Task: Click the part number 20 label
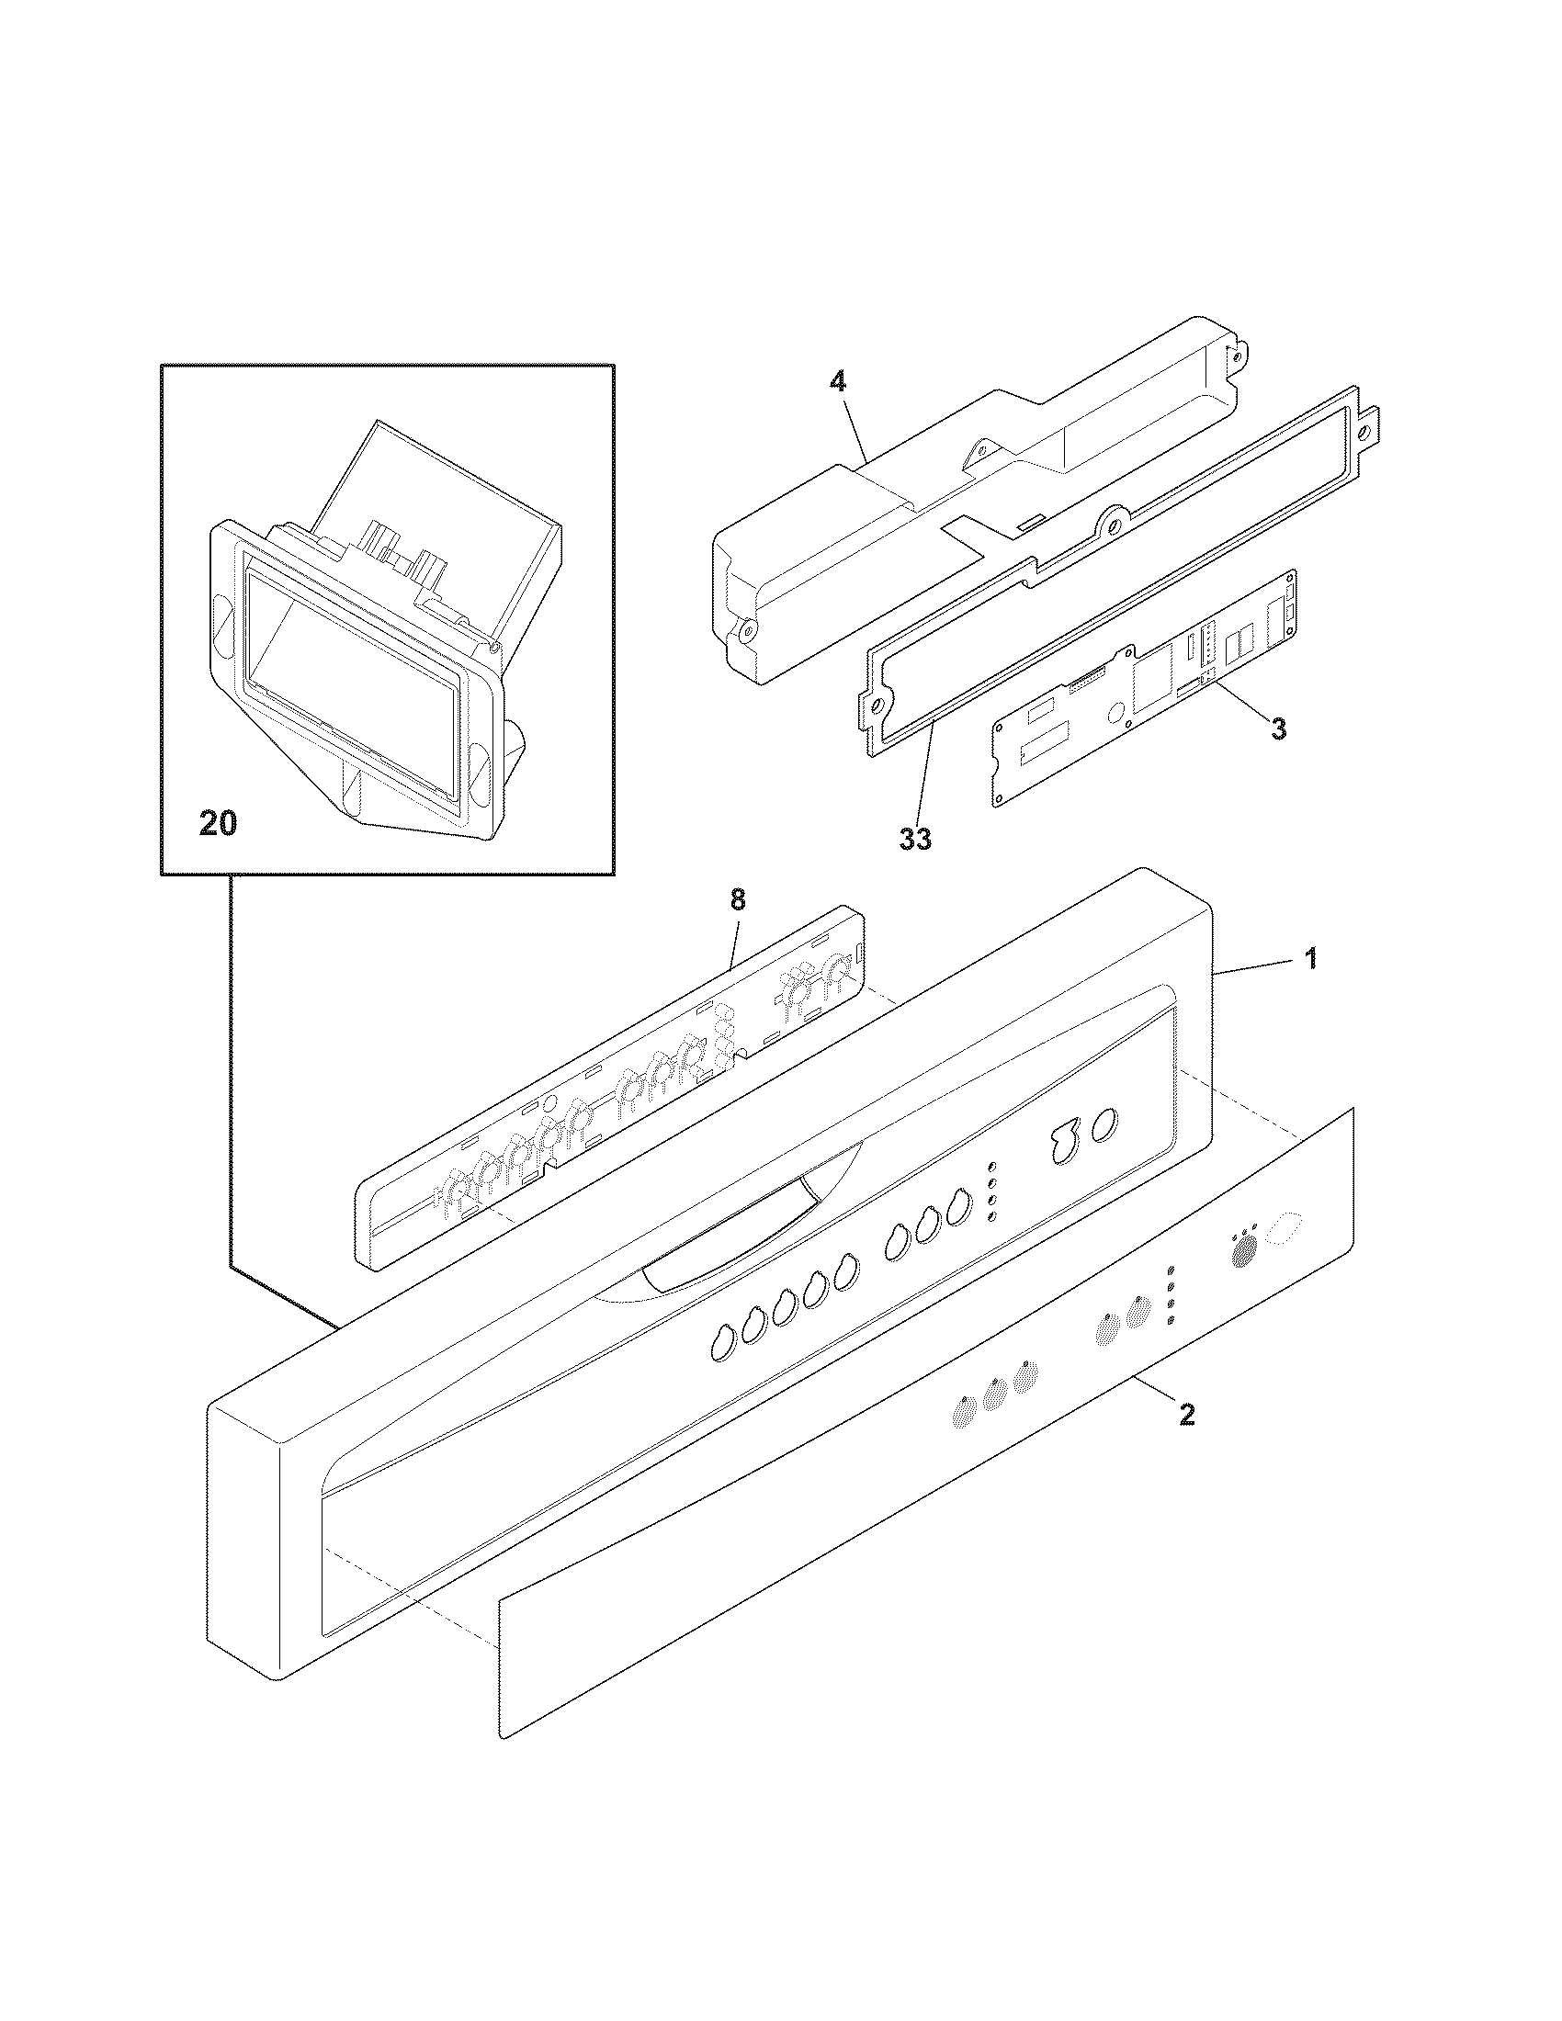(219, 823)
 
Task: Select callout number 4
(837, 381)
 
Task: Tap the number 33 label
(914, 839)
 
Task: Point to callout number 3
(1277, 728)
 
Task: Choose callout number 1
(1310, 959)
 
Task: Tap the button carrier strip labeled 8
(611, 1092)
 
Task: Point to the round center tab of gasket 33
(1114, 523)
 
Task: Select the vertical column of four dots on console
(992, 1190)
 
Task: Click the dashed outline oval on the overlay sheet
(1285, 1227)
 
